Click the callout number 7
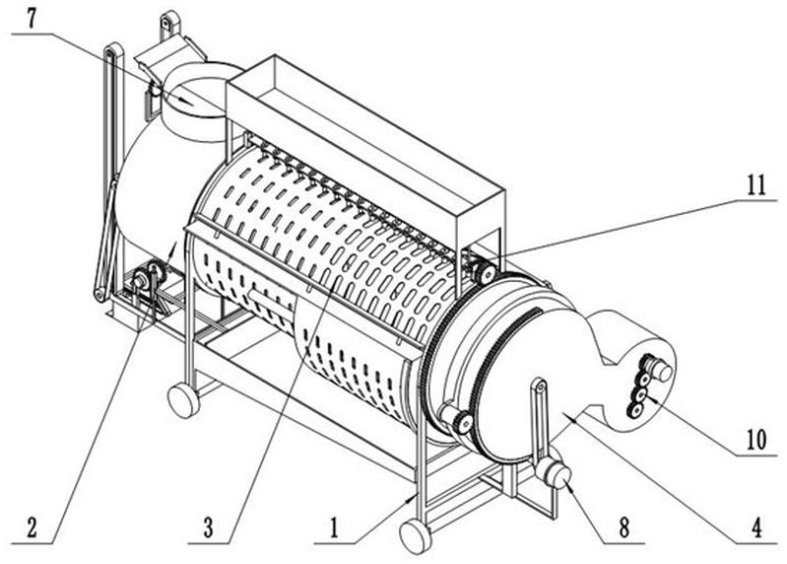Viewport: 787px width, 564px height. (x=33, y=20)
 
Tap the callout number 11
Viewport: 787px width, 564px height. (x=756, y=184)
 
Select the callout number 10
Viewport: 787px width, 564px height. (x=755, y=440)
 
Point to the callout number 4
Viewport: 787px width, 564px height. (x=756, y=528)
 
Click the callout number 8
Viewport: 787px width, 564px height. (x=623, y=528)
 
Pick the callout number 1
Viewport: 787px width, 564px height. (x=334, y=529)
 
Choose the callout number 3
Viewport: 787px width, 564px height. (x=208, y=529)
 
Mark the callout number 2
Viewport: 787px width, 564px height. (x=32, y=529)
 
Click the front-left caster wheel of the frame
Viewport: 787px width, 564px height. (x=182, y=400)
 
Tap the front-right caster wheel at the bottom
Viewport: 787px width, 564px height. (x=415, y=535)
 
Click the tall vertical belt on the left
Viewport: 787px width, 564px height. (x=109, y=171)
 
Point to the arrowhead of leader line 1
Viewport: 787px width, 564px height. (x=413, y=498)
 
